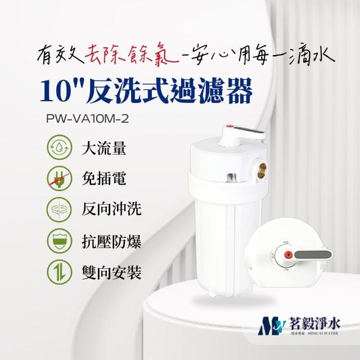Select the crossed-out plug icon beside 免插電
pos(60,180)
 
